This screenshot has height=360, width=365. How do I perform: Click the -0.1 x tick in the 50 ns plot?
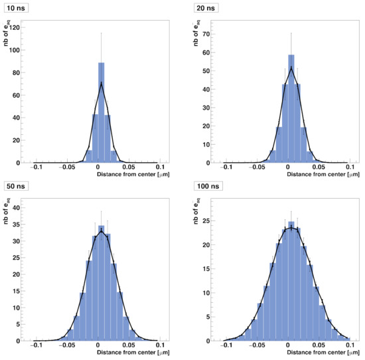[x=37, y=346]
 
